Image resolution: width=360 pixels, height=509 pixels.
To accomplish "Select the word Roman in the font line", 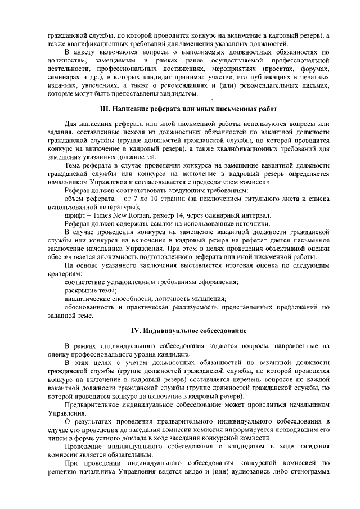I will [x=137, y=216].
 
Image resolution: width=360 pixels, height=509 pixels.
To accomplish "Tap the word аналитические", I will [x=88, y=299].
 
